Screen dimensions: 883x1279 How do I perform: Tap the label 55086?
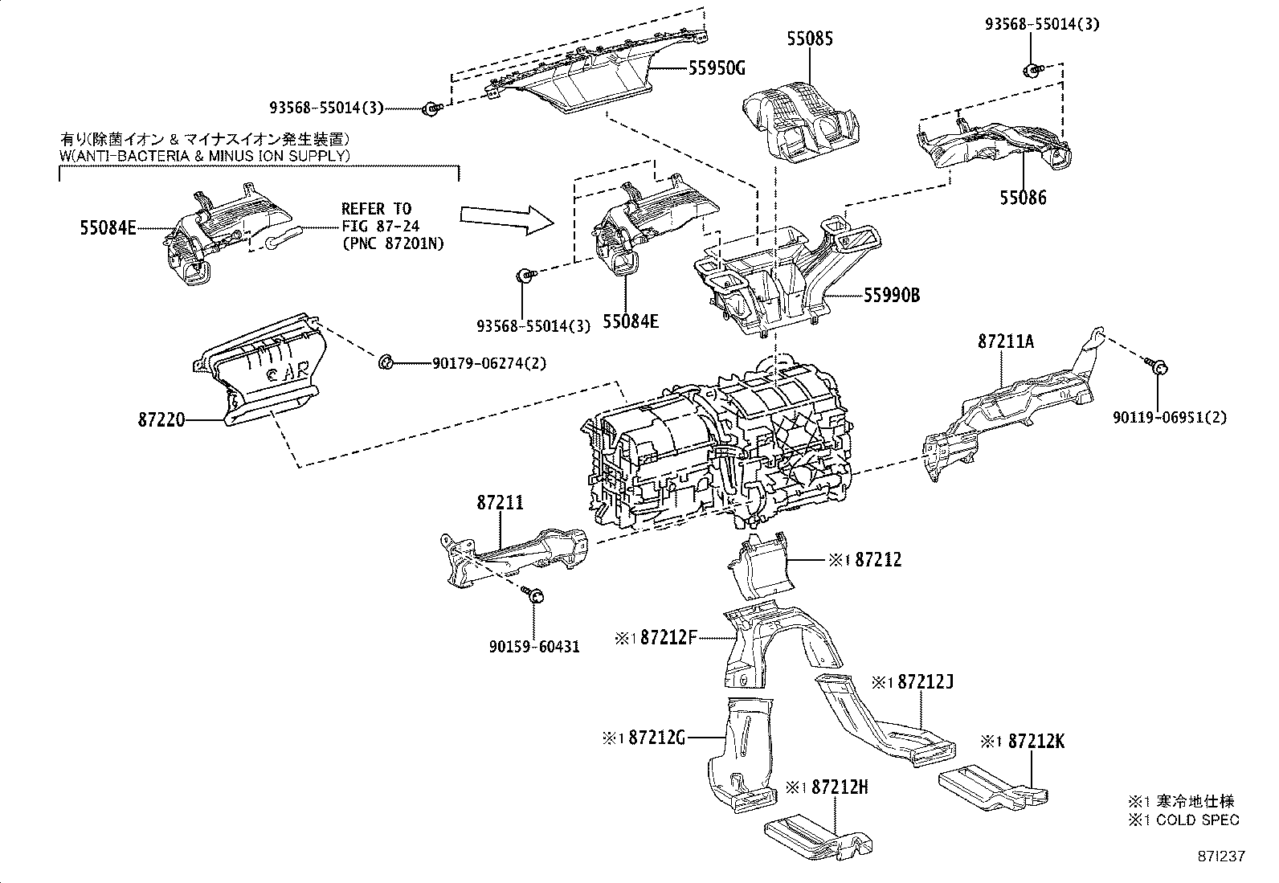[x=1023, y=197]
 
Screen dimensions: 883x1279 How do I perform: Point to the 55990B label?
[x=892, y=296]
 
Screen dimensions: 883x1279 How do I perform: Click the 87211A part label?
[x=1006, y=341]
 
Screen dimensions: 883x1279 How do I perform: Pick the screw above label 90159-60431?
[x=533, y=595]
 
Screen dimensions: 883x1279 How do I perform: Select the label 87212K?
[x=1036, y=742]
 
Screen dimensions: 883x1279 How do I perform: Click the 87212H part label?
[x=840, y=787]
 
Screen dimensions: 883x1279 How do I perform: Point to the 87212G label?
[x=657, y=737]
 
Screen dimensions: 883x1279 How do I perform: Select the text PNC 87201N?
[x=393, y=243]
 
